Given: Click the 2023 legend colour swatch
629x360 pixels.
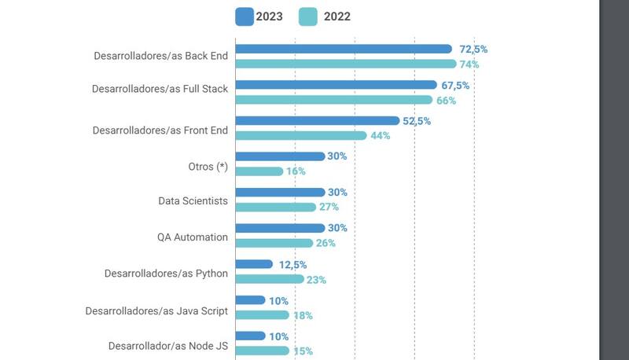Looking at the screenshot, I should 245,17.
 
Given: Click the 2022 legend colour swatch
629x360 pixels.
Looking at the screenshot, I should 308,17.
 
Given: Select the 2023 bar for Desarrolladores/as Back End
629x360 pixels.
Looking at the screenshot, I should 344,49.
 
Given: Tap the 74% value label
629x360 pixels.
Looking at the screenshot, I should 469,64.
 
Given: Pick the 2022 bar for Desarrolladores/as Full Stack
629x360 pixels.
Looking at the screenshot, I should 334,100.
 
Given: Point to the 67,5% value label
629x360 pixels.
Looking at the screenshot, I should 454,85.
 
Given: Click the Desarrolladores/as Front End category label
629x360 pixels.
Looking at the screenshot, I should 160,130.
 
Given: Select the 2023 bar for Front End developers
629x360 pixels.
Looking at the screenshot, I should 318,120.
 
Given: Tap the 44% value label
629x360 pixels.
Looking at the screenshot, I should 381,136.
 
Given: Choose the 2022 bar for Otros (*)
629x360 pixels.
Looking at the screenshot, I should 259,171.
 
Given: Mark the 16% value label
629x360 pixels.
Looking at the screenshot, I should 296,171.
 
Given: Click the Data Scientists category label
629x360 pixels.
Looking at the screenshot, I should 193,201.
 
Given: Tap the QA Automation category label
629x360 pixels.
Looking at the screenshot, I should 193,237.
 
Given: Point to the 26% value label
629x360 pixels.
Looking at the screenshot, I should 326,243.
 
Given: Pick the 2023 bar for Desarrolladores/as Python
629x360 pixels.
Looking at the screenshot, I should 254,264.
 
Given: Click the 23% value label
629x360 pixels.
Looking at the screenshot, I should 316,279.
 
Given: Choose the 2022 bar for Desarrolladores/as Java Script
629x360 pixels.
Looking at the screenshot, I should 263,315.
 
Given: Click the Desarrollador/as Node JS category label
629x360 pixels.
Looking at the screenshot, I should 167,346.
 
